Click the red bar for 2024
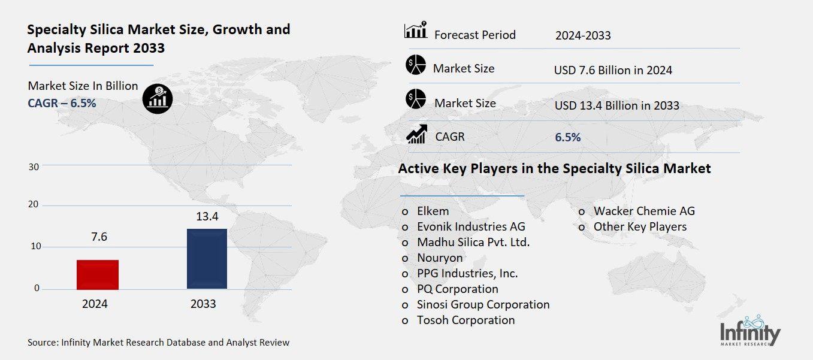click(x=98, y=274)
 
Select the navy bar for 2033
click(x=207, y=259)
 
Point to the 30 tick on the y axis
click(x=34, y=167)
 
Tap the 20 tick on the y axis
click(x=34, y=205)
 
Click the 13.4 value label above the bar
click(x=207, y=216)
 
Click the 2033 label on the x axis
click(x=203, y=304)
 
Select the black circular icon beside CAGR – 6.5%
click(x=158, y=98)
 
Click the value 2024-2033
click(x=583, y=35)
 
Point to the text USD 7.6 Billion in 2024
click(x=613, y=70)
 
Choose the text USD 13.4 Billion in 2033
click(x=616, y=105)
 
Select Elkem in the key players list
click(x=433, y=211)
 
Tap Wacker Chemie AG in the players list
click(x=644, y=211)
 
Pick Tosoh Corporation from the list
click(x=466, y=320)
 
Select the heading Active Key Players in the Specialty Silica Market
click(x=554, y=168)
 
